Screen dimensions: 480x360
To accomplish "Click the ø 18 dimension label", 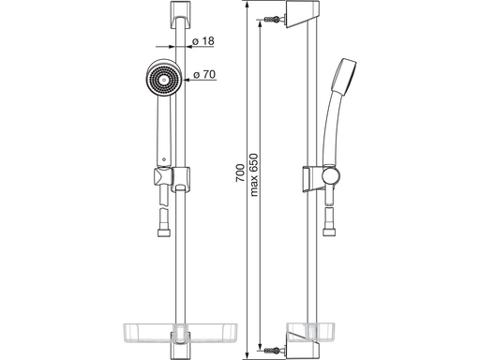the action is coord(202,41).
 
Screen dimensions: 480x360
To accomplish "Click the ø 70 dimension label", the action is coord(204,74).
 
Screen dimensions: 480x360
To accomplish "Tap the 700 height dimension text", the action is coord(240,172).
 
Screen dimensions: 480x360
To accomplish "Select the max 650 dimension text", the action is coord(254,174).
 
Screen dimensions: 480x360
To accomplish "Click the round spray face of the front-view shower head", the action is coord(164,79).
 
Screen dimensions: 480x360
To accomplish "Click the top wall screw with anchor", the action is coord(274,20).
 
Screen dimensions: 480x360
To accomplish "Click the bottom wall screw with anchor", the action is coord(274,350).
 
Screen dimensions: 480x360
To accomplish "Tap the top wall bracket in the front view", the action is coord(180,15).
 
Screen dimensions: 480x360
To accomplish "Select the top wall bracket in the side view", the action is coord(303,15).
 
